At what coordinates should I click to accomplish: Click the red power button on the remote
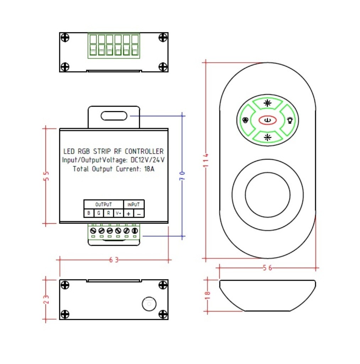pyautogui.click(x=267, y=121)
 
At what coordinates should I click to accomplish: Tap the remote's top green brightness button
pyautogui.click(x=267, y=103)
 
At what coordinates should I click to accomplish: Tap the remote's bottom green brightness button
pyautogui.click(x=267, y=137)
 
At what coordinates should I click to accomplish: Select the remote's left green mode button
pyautogui.click(x=245, y=120)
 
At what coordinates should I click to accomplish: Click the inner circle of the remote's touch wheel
pyautogui.click(x=267, y=194)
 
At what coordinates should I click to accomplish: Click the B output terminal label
pyautogui.click(x=88, y=213)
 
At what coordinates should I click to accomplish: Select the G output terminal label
pyautogui.click(x=98, y=213)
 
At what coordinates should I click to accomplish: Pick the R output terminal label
pyautogui.click(x=108, y=213)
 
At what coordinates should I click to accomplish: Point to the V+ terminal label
pyautogui.click(x=118, y=213)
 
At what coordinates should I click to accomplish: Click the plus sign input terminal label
pyautogui.click(x=129, y=213)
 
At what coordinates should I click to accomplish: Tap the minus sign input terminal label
pyautogui.click(x=139, y=213)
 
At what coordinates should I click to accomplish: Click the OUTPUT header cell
pyautogui.click(x=103, y=204)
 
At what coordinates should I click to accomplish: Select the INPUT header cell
pyautogui.click(x=133, y=204)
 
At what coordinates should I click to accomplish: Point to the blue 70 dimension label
pyautogui.click(x=182, y=175)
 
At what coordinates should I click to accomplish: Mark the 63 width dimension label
pyautogui.click(x=114, y=260)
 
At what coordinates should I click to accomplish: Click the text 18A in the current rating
pyautogui.click(x=149, y=169)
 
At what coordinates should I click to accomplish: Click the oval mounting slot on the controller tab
pyautogui.click(x=114, y=116)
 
